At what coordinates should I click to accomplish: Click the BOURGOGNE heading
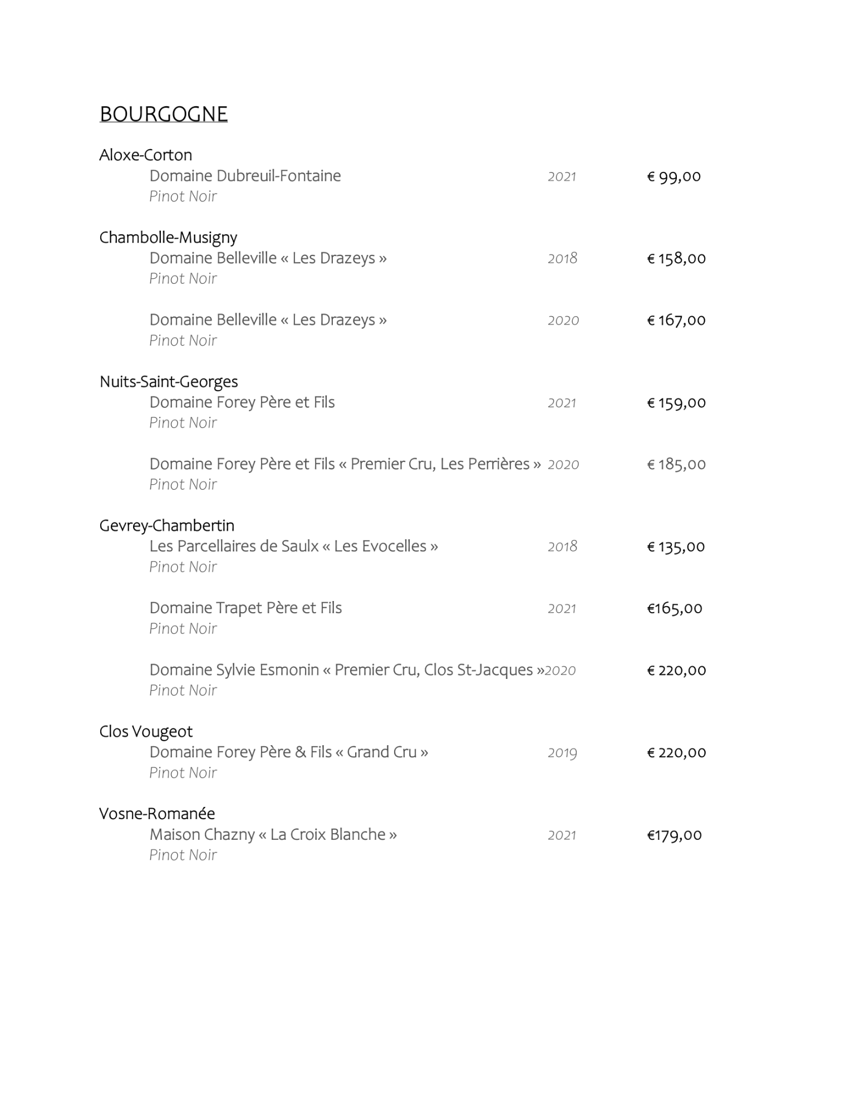tap(163, 114)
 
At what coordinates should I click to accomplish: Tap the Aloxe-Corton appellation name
tap(145, 155)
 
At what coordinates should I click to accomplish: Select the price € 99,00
tap(674, 176)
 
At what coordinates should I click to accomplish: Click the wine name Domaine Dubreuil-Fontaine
tap(245, 176)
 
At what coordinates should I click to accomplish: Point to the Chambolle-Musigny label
tap(168, 238)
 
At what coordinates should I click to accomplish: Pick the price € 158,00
tap(676, 258)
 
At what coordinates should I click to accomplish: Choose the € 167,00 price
tap(676, 320)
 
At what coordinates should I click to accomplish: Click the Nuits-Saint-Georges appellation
tap(169, 382)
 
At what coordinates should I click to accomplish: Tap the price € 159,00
tap(676, 402)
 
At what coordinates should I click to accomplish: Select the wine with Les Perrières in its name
tap(345, 464)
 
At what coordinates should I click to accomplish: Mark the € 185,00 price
tap(676, 464)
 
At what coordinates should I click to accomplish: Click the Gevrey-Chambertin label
tap(166, 525)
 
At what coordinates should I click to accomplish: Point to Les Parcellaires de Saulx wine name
tap(293, 546)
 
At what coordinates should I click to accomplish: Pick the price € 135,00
tap(676, 546)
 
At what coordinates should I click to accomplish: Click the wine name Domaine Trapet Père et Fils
tap(245, 608)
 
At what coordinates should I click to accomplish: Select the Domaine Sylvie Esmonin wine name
tap(346, 669)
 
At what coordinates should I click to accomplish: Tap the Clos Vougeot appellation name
tap(146, 731)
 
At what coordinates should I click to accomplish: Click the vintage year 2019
tap(562, 752)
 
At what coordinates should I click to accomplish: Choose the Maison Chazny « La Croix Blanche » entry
tap(273, 835)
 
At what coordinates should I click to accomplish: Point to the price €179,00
tap(674, 835)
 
